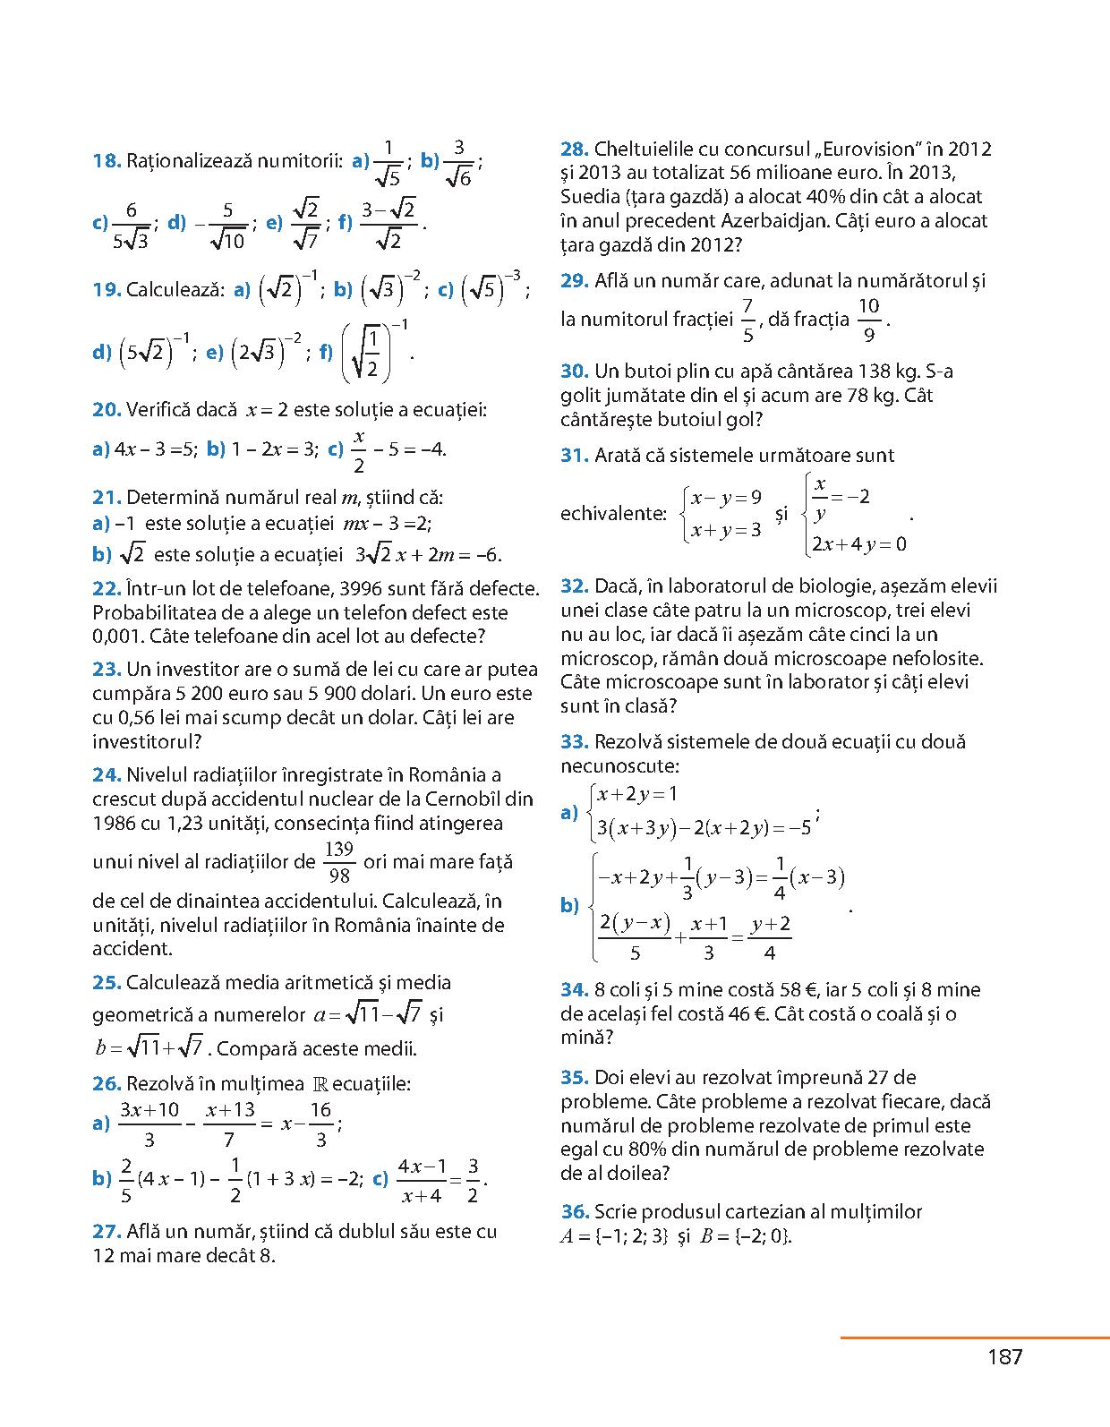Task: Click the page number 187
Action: tap(1004, 1357)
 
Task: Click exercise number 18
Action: tap(107, 161)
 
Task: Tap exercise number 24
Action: tap(107, 775)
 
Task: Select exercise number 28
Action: tap(575, 150)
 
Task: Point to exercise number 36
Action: tap(575, 1212)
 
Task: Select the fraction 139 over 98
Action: tap(339, 862)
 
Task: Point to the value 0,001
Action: tap(118, 637)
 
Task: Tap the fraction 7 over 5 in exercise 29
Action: tap(747, 320)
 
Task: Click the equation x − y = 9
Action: tap(726, 498)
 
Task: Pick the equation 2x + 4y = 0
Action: tap(858, 544)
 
